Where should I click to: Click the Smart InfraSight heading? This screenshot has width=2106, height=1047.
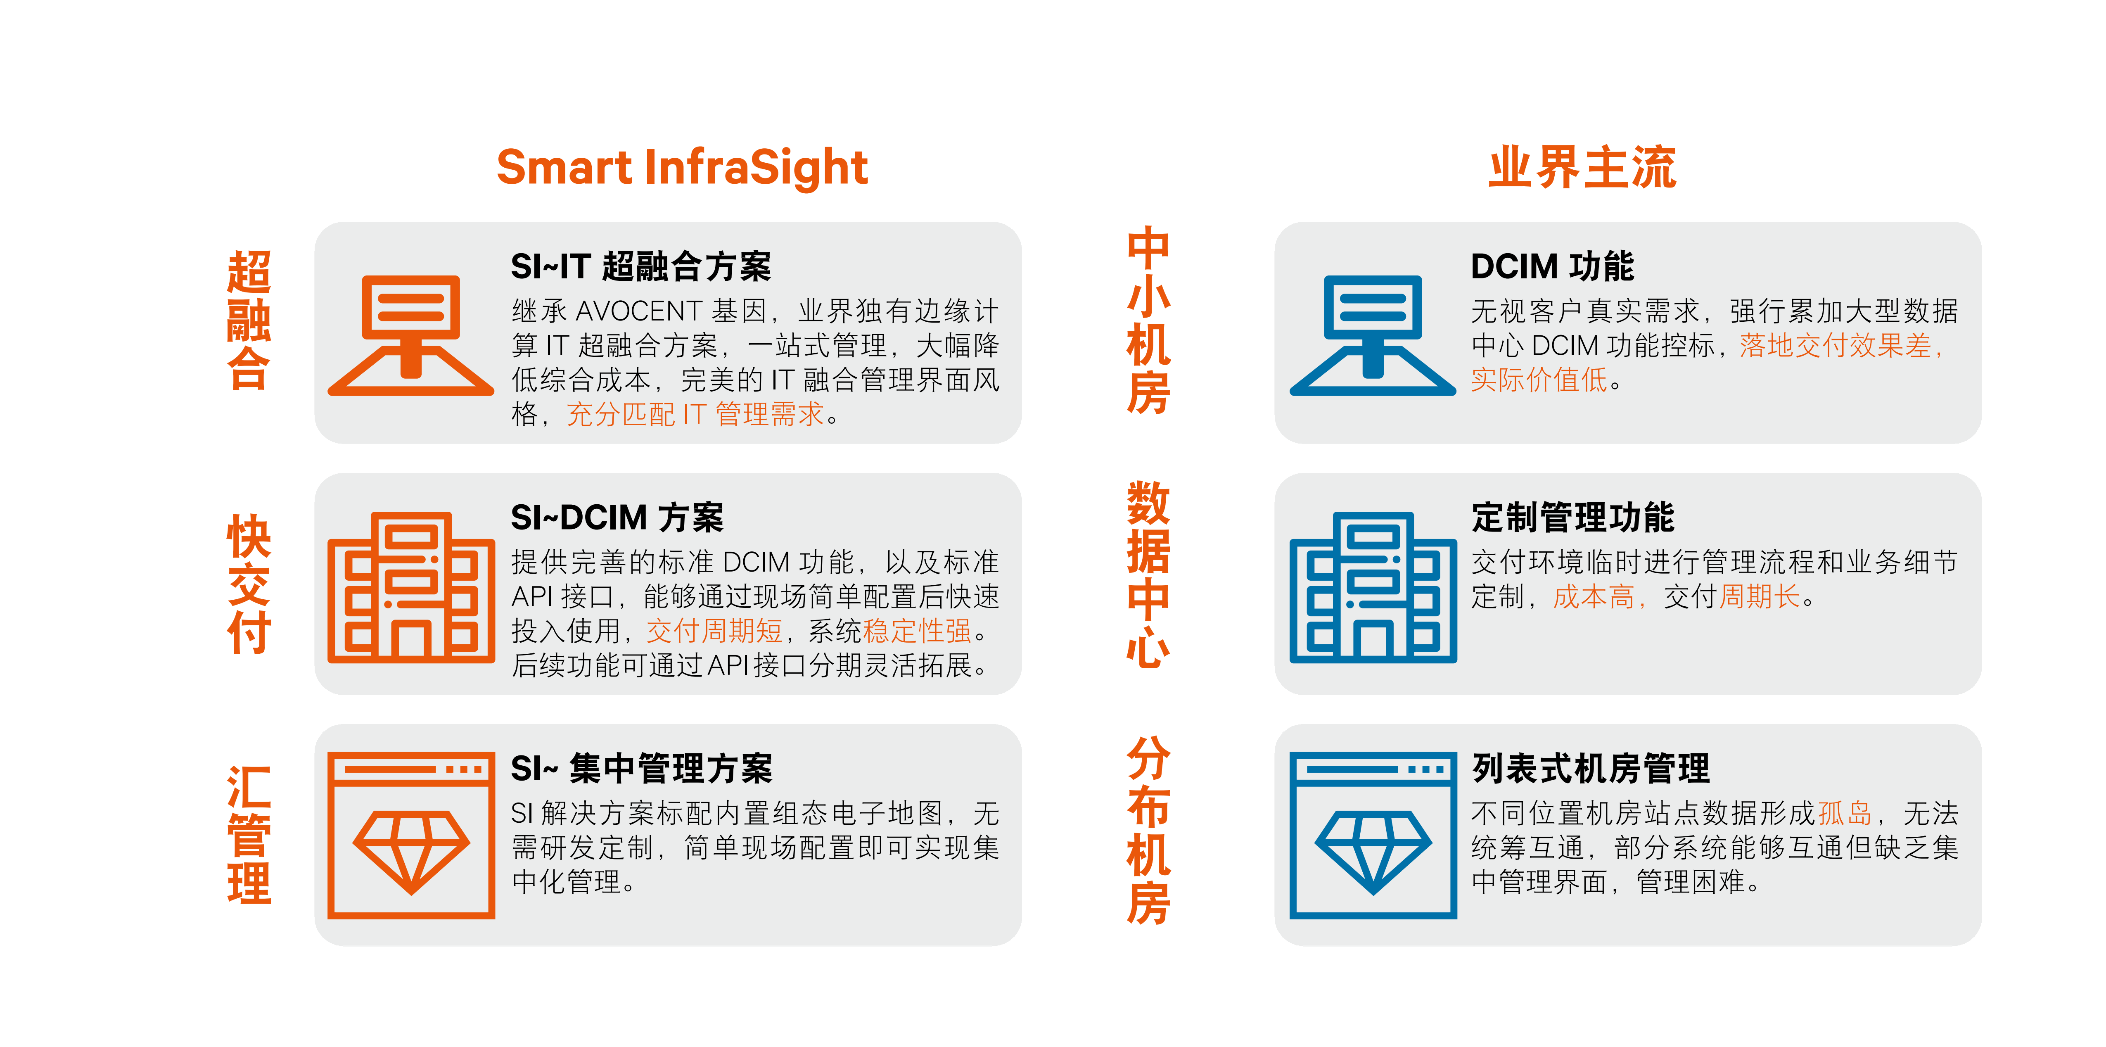click(x=682, y=168)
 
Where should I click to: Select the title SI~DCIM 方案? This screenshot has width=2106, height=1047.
click(x=617, y=518)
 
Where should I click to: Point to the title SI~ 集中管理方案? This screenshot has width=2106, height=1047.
click(x=642, y=769)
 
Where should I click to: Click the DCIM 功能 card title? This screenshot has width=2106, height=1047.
click(x=1552, y=267)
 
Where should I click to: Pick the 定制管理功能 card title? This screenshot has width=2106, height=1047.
click(x=1573, y=518)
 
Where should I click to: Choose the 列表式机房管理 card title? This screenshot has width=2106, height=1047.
click(x=1590, y=769)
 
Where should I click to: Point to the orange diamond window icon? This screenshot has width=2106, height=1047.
click(x=411, y=835)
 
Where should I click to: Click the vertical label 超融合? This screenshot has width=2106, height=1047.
click(x=249, y=320)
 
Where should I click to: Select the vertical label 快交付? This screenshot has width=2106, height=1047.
click(x=249, y=584)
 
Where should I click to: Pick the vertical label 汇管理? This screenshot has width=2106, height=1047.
click(x=249, y=834)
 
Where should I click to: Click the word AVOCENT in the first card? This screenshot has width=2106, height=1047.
click(x=638, y=311)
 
